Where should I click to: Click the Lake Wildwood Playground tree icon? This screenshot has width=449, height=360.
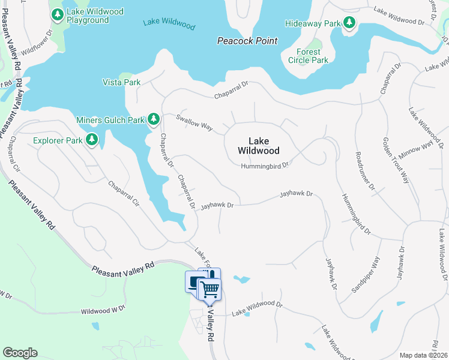click(x=58, y=13)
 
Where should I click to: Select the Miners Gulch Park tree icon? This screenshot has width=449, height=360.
click(x=154, y=119)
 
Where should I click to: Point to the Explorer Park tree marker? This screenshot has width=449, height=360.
click(x=91, y=140)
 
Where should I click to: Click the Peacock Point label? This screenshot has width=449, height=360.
click(x=247, y=41)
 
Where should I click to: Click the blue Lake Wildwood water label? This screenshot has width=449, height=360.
click(x=169, y=25)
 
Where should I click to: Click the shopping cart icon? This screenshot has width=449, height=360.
click(x=210, y=289)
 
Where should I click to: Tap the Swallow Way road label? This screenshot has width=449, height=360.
click(x=194, y=122)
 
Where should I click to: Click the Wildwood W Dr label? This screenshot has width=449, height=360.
click(x=103, y=310)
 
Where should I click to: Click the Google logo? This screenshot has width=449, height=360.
click(x=20, y=353)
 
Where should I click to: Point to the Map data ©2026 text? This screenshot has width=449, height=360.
click(x=423, y=355)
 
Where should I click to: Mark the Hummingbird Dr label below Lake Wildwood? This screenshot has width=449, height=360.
click(x=265, y=165)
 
